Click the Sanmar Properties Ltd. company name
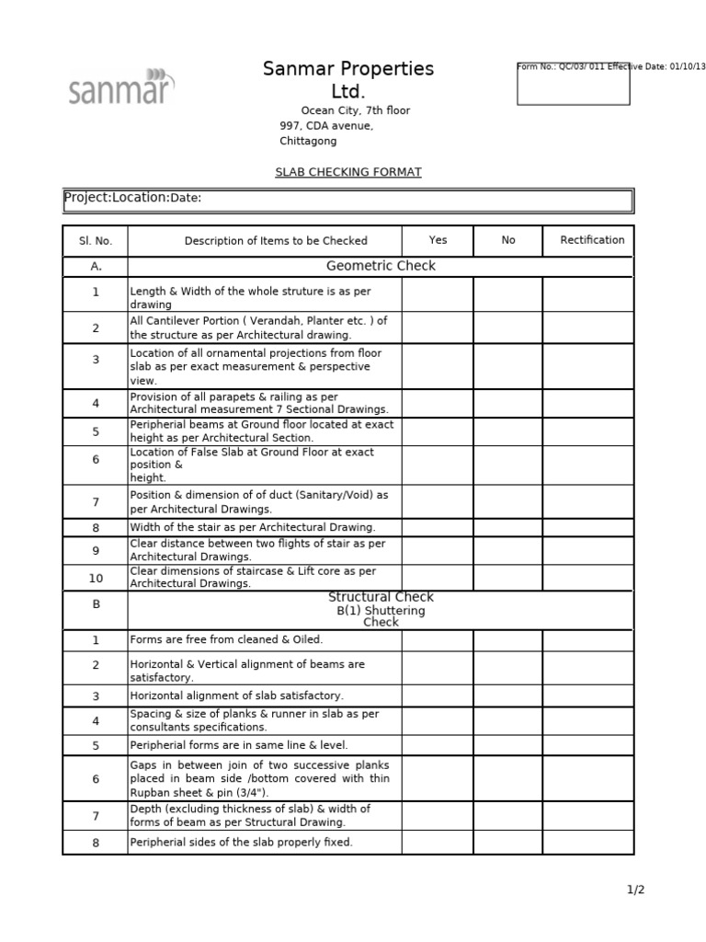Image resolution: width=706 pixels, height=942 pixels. pos(347,80)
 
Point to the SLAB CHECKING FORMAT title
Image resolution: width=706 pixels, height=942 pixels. pos(348,172)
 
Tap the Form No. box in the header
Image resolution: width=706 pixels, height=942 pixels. pos(574,84)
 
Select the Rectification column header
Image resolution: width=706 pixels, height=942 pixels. pos(592,240)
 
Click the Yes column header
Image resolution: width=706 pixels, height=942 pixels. pos(438,240)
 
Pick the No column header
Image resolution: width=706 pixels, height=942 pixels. pos(508,240)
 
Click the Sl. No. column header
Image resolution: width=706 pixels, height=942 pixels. pos(95,241)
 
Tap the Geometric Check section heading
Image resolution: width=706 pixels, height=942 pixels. pos(381,266)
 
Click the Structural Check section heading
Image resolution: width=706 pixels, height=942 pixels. pos(381,598)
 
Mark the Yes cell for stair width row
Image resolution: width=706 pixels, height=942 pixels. pos(438,528)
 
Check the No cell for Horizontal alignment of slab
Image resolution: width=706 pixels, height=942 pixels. pos(508,696)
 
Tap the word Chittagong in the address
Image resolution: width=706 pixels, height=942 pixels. pos(308,142)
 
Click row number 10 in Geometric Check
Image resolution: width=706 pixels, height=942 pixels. pos(95,578)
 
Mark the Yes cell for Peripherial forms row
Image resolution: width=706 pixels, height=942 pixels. pos(438,745)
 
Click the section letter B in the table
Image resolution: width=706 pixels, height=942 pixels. pos(95,604)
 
